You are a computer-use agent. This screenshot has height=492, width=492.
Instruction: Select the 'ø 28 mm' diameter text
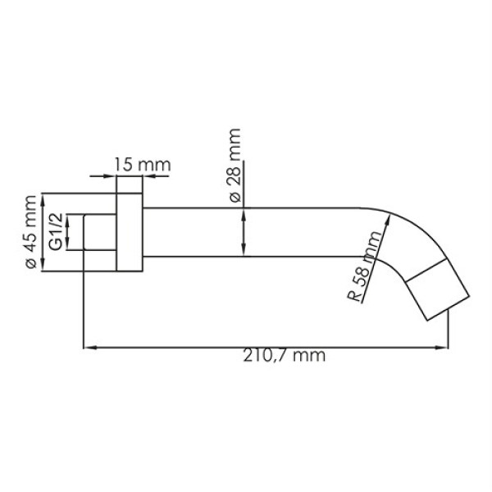[x=235, y=165]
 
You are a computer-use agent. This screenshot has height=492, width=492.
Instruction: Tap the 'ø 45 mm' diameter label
[x=30, y=233]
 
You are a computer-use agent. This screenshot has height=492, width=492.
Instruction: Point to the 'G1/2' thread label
[x=55, y=232]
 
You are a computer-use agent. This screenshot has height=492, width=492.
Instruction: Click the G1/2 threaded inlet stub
[x=98, y=233]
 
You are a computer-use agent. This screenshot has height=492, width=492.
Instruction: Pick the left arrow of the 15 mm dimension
[x=110, y=175]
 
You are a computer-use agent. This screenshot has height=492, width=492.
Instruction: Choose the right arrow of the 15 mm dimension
[x=145, y=175]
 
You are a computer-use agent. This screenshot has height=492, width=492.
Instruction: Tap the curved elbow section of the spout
[x=402, y=246]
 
